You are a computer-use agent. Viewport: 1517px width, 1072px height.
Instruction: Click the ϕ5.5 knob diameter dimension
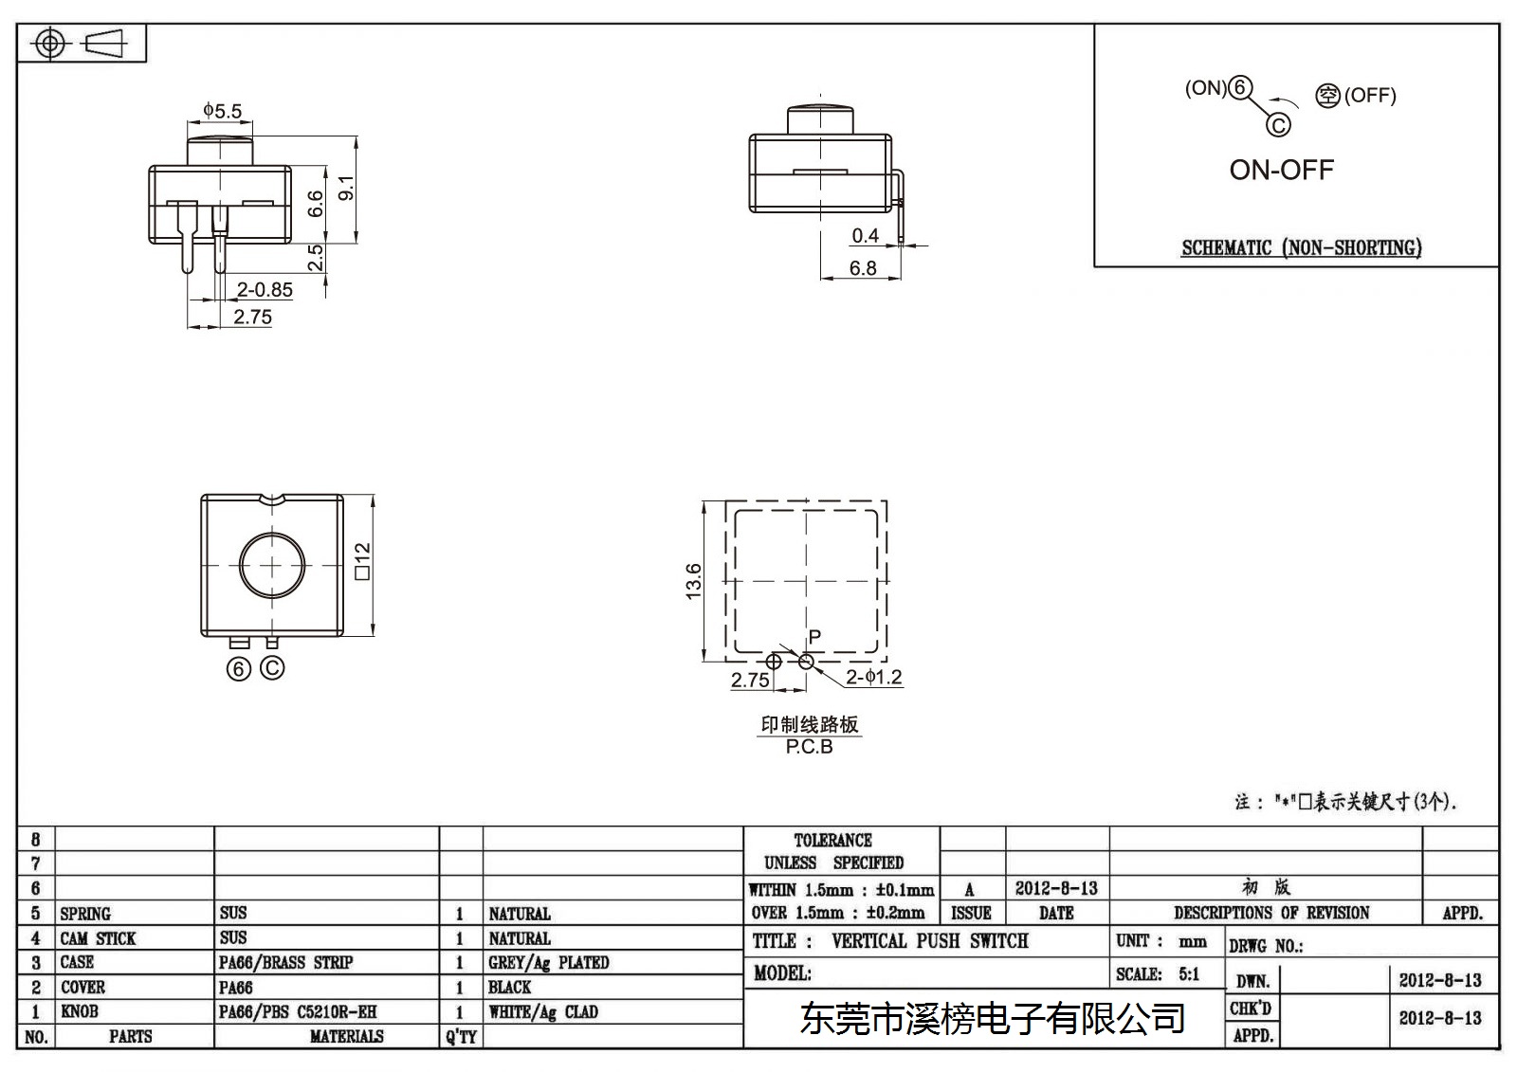click(x=222, y=110)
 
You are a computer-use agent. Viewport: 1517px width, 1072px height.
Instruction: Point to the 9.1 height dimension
click(x=346, y=188)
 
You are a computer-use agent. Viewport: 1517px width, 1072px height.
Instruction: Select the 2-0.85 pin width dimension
click(x=265, y=290)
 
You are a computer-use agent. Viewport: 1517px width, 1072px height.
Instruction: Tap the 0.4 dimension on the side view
click(x=865, y=236)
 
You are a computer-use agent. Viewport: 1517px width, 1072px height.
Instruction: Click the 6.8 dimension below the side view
click(x=863, y=268)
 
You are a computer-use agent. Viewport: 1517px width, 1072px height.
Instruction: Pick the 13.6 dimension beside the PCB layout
click(x=693, y=581)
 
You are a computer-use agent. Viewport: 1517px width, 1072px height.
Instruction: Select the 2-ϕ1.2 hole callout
click(x=873, y=677)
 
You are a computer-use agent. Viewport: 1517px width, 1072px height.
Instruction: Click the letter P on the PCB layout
click(x=814, y=637)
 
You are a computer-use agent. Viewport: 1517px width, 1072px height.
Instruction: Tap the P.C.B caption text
click(x=810, y=747)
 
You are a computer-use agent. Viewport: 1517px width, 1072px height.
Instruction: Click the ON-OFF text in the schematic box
click(x=1281, y=170)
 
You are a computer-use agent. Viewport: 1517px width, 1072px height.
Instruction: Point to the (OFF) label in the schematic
click(x=1370, y=96)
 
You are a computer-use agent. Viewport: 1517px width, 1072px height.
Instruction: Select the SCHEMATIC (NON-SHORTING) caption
click(x=1302, y=247)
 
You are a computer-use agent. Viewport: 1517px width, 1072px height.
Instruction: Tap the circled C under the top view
click(x=272, y=668)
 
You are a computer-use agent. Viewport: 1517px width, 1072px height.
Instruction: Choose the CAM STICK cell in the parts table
click(x=99, y=938)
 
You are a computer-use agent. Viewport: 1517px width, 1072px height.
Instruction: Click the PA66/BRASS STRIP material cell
click(x=285, y=962)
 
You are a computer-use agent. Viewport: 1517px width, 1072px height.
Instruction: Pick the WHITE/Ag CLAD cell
click(x=543, y=1011)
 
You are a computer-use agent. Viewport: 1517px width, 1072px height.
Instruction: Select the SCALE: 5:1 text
click(x=1158, y=974)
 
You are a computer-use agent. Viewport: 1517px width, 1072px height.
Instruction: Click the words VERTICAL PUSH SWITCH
click(x=930, y=940)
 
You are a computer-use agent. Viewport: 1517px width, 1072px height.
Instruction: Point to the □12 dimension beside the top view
click(x=363, y=561)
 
